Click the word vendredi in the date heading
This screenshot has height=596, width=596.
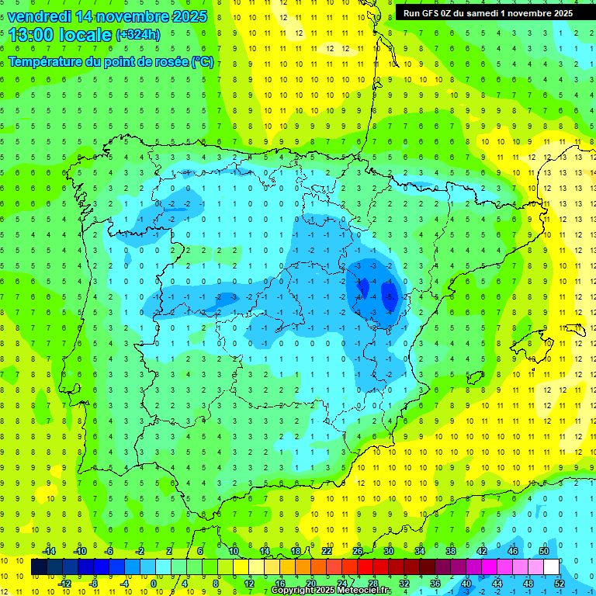click(x=38, y=16)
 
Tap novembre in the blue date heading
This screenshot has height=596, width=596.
click(x=133, y=16)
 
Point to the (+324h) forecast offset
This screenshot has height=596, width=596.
click(x=138, y=35)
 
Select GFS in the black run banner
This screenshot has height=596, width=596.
click(x=431, y=13)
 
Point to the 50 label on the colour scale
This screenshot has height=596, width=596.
click(x=543, y=551)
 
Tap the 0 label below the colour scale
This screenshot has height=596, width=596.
click(x=154, y=584)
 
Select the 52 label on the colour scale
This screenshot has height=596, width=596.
click(x=560, y=584)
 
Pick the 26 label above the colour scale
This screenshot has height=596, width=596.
click(x=358, y=551)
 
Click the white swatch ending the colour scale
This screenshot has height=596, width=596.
click(x=551, y=567)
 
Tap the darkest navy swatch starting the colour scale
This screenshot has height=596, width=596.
click(x=39, y=567)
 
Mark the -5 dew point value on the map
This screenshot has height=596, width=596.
click(x=388, y=296)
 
